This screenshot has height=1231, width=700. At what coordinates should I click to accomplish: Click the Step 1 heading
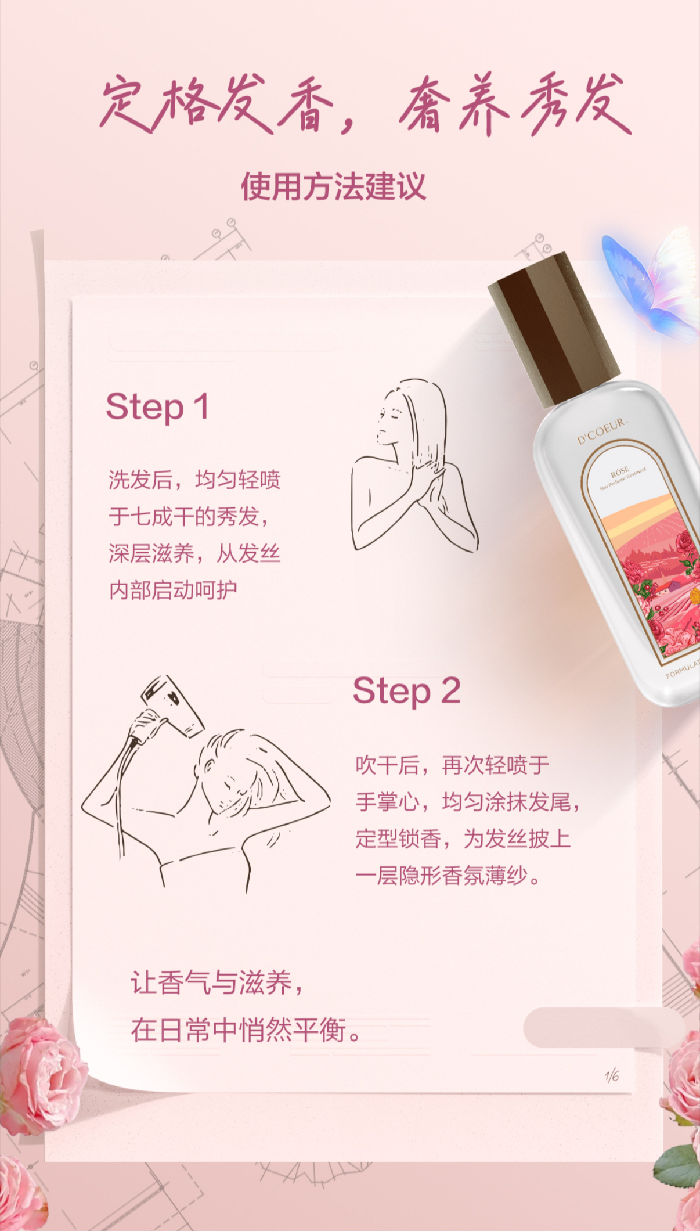pos(157,407)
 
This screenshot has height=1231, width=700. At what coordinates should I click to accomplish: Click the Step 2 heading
pos(407,691)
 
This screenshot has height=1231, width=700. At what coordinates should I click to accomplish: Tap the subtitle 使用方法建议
pos(334,186)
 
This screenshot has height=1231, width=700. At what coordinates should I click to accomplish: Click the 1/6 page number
pos(612,1076)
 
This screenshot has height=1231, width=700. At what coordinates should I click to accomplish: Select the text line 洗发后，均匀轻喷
pos(194,480)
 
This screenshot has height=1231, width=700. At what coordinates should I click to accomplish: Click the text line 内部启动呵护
pos(173,590)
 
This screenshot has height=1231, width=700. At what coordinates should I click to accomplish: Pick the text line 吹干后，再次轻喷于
pos(453,765)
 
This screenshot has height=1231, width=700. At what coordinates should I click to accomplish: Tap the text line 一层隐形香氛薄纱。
pos(449,876)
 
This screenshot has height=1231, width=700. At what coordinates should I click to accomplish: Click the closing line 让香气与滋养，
pos(217,982)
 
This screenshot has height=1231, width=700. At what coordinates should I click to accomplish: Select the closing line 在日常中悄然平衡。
pos(247,1030)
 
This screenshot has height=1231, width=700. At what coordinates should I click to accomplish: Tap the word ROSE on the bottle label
pos(620,472)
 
